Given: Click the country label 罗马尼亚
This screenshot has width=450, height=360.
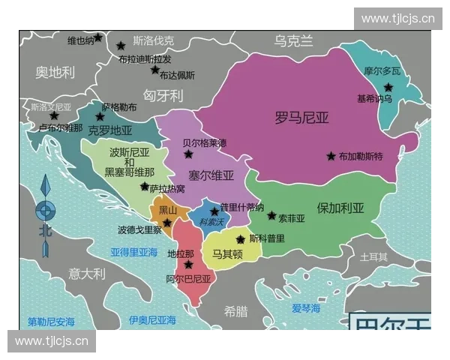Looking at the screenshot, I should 302,117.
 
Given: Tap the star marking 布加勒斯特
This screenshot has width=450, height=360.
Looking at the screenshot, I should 331,156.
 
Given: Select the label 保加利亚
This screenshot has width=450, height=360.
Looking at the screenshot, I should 340,208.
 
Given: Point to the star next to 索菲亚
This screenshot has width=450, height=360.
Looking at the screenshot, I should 271,215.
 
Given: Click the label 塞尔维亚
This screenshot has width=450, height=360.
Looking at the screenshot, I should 211,175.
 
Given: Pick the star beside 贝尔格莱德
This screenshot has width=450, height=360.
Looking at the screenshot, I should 188,154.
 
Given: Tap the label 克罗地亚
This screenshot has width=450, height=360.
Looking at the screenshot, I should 109,130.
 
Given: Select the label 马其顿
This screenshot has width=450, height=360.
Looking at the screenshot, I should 226,255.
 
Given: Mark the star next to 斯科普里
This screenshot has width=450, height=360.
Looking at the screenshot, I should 240,239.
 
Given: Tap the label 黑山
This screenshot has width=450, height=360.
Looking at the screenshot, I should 168,210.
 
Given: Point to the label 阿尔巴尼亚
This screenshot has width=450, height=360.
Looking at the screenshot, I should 188,278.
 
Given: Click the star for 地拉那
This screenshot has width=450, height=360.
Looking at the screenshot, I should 188,265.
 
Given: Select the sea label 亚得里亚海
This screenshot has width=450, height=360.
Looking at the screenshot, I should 134,252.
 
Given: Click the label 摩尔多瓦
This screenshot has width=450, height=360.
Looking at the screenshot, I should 382,71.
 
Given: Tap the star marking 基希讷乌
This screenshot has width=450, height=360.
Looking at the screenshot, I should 388,87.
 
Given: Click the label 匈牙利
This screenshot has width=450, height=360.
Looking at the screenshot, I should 163,96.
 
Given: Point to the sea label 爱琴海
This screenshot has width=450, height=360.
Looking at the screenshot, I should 306,308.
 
